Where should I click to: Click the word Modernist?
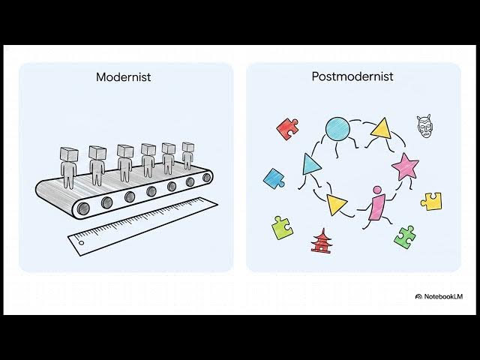coord(123,76)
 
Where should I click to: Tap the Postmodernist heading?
coord(352,76)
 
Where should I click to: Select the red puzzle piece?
coord(287,128)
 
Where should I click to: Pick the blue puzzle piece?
coord(274,178)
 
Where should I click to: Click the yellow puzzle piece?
coord(431,201)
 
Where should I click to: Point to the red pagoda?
coord(320,241)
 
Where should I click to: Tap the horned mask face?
coord(424,126)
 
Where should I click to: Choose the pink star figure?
coord(405,166)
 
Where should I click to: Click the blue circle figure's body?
coord(337,129)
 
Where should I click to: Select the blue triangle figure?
coord(310,165)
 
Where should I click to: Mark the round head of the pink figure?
coord(377,190)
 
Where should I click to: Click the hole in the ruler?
coord(82,243)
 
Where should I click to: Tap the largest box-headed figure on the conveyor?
coord(68,167)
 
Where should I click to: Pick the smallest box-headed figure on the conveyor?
coord(188,155)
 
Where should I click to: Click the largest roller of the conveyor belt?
coord(83,208)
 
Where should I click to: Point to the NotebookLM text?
coord(443,296)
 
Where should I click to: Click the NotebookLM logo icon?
coord(418,296)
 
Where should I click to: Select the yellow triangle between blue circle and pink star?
coord(382,128)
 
